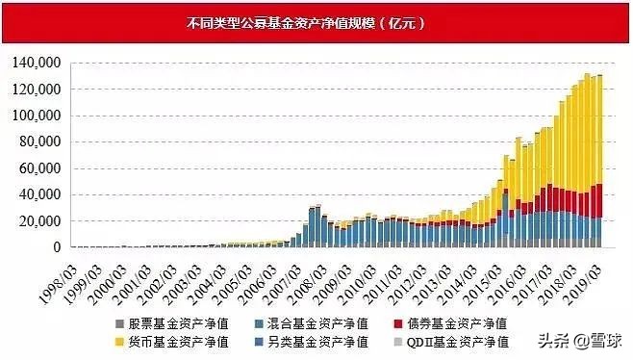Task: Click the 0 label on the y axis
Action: (57, 247)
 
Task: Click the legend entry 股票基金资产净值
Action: (161, 322)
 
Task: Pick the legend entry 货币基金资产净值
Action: (161, 341)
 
